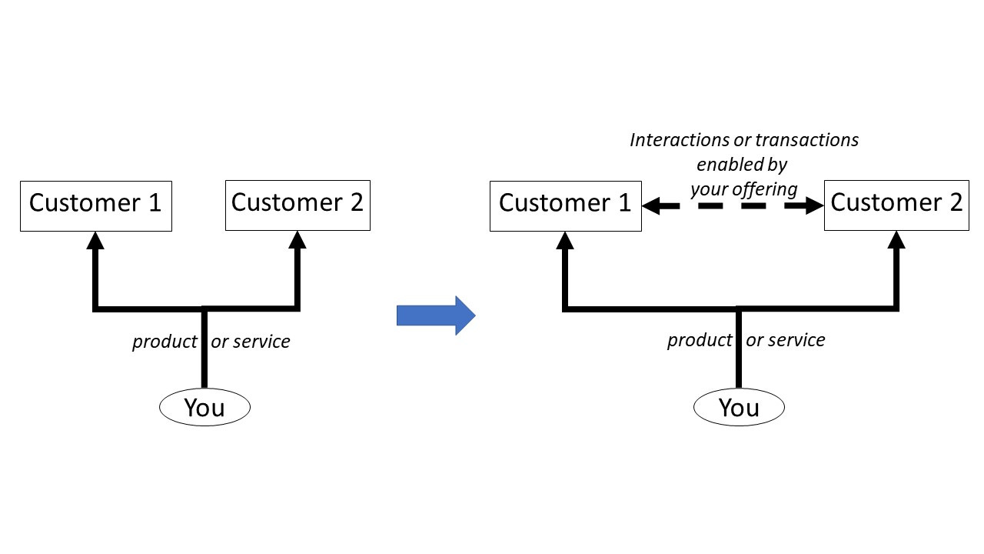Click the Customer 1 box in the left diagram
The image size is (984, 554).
click(96, 205)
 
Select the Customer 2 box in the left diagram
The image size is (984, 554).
click(298, 205)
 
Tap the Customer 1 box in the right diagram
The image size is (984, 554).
click(566, 205)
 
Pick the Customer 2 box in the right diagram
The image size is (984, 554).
click(896, 205)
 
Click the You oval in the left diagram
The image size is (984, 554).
click(204, 407)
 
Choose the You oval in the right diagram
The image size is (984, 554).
click(739, 407)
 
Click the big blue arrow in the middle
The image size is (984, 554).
click(436, 315)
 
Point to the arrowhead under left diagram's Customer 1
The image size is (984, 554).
click(95, 241)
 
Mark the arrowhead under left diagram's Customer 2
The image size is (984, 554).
click(298, 239)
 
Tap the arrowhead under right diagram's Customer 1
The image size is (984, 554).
click(565, 241)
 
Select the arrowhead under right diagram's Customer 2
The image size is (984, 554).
click(896, 239)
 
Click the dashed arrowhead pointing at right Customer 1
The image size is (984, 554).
click(651, 205)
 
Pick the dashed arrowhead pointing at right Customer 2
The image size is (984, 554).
click(815, 205)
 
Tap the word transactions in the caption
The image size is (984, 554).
click(806, 140)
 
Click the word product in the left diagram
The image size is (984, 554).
click(165, 342)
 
